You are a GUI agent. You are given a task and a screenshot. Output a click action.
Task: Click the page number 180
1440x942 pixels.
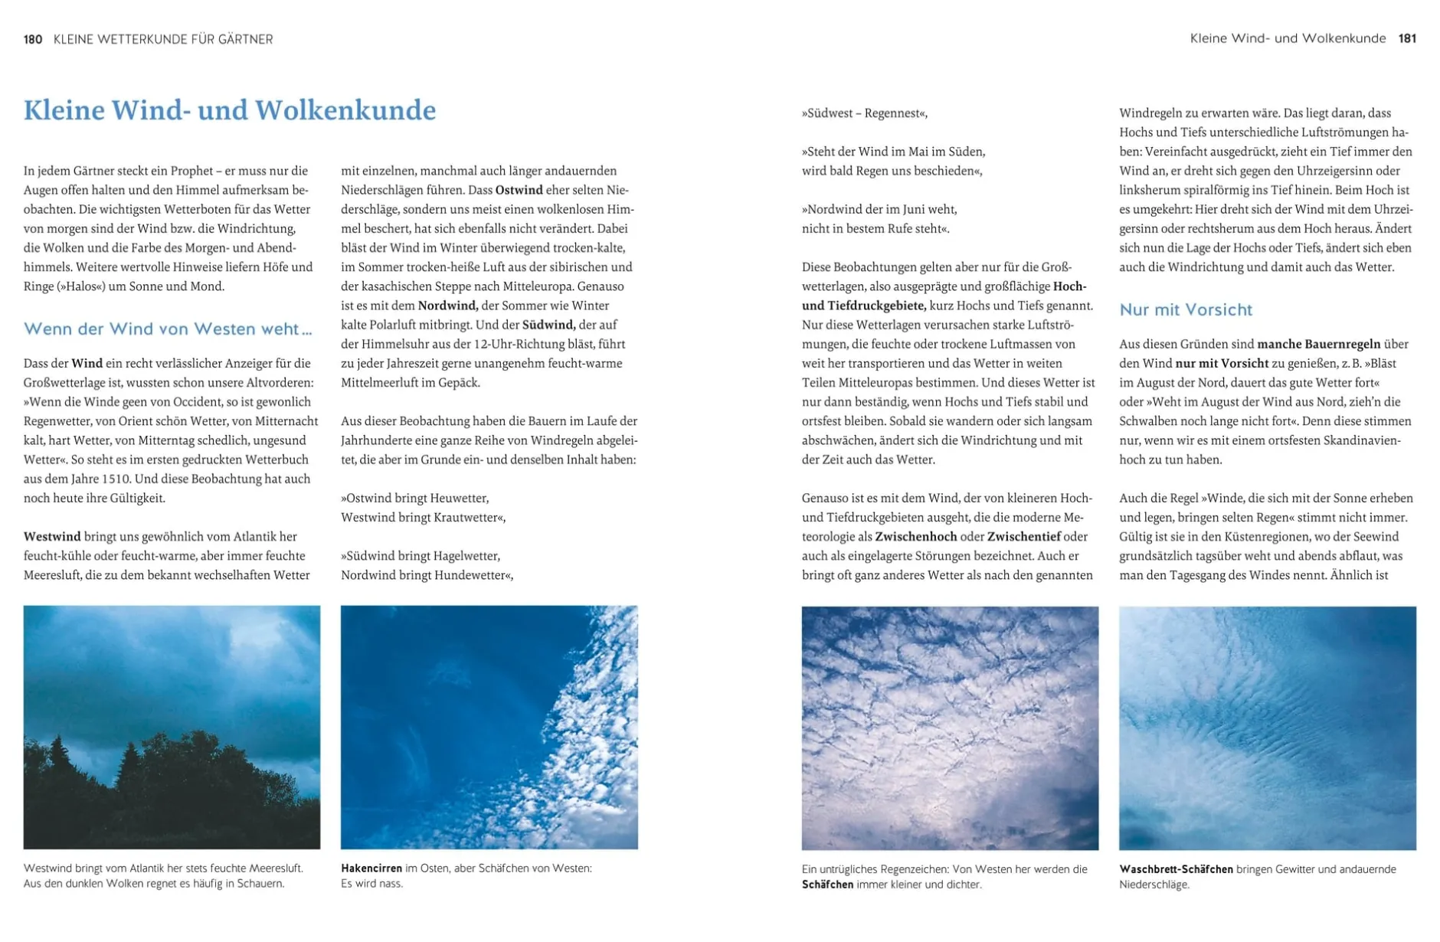[x=33, y=39]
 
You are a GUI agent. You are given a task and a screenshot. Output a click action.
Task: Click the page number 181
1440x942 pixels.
[x=1407, y=38]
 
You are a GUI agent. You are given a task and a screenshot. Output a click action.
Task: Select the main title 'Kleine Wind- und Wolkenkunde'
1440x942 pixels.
[x=230, y=110]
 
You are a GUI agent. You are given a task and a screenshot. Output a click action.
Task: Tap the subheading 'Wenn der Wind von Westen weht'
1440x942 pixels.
[x=168, y=329]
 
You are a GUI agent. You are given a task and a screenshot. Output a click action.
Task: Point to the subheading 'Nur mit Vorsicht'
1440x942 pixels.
[x=1186, y=309]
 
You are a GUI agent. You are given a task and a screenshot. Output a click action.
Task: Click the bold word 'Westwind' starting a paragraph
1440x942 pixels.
[x=52, y=536]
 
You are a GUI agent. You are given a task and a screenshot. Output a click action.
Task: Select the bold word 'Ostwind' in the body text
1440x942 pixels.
[x=519, y=190]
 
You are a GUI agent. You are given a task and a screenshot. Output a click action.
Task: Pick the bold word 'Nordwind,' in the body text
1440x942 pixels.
[x=448, y=306]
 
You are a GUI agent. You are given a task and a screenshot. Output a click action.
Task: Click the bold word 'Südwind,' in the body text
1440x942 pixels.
[x=548, y=325]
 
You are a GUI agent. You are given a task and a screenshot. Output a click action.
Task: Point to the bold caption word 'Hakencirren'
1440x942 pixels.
[x=371, y=868]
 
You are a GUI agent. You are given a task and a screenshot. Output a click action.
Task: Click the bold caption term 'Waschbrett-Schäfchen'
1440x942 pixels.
[x=1176, y=869]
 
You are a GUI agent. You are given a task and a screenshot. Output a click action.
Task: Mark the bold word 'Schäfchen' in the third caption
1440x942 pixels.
[x=827, y=885]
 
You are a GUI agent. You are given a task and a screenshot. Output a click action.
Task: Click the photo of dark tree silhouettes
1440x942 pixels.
[x=172, y=727]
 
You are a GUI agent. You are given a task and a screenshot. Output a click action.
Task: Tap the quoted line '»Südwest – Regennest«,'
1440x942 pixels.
[x=864, y=113]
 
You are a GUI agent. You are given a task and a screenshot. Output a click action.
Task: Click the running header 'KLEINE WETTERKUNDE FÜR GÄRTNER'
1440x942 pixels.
[x=163, y=39]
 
